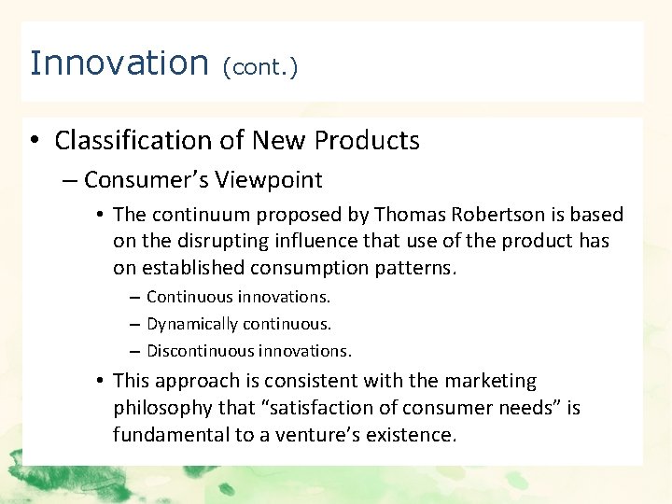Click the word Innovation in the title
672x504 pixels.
click(119, 63)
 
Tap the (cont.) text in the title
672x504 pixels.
click(260, 67)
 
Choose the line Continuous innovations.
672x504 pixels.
click(238, 297)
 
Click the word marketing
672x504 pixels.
click(490, 381)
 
